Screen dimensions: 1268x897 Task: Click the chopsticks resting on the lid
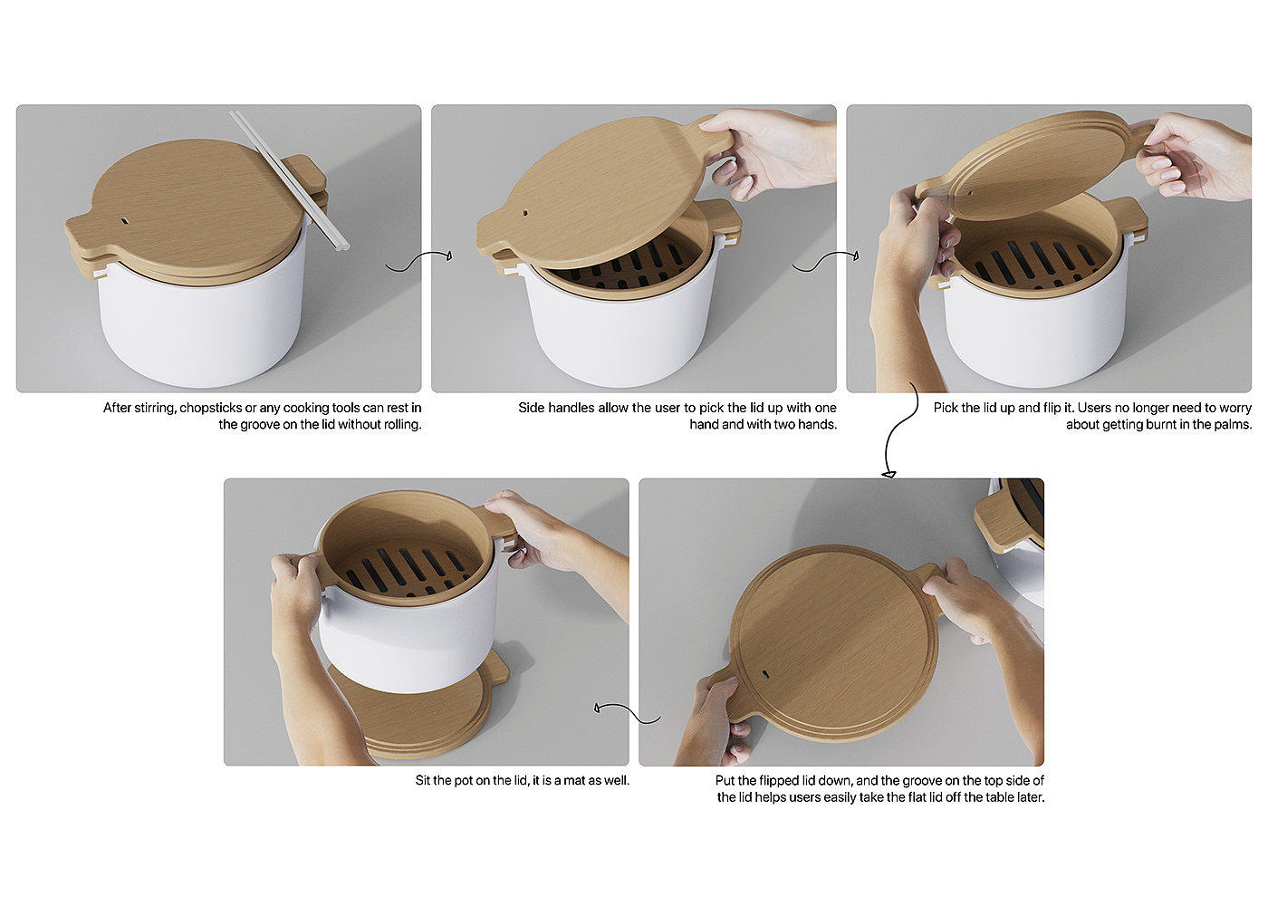[289, 180]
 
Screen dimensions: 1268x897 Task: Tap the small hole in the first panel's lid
[125, 220]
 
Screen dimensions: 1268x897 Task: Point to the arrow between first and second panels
[418, 259]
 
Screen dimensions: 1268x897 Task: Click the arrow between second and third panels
[825, 261]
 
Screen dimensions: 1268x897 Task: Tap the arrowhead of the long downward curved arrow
[889, 474]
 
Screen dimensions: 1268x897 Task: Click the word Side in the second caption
[531, 409]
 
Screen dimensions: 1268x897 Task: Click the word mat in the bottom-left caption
[574, 780]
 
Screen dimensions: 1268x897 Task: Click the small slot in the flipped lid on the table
[765, 674]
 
